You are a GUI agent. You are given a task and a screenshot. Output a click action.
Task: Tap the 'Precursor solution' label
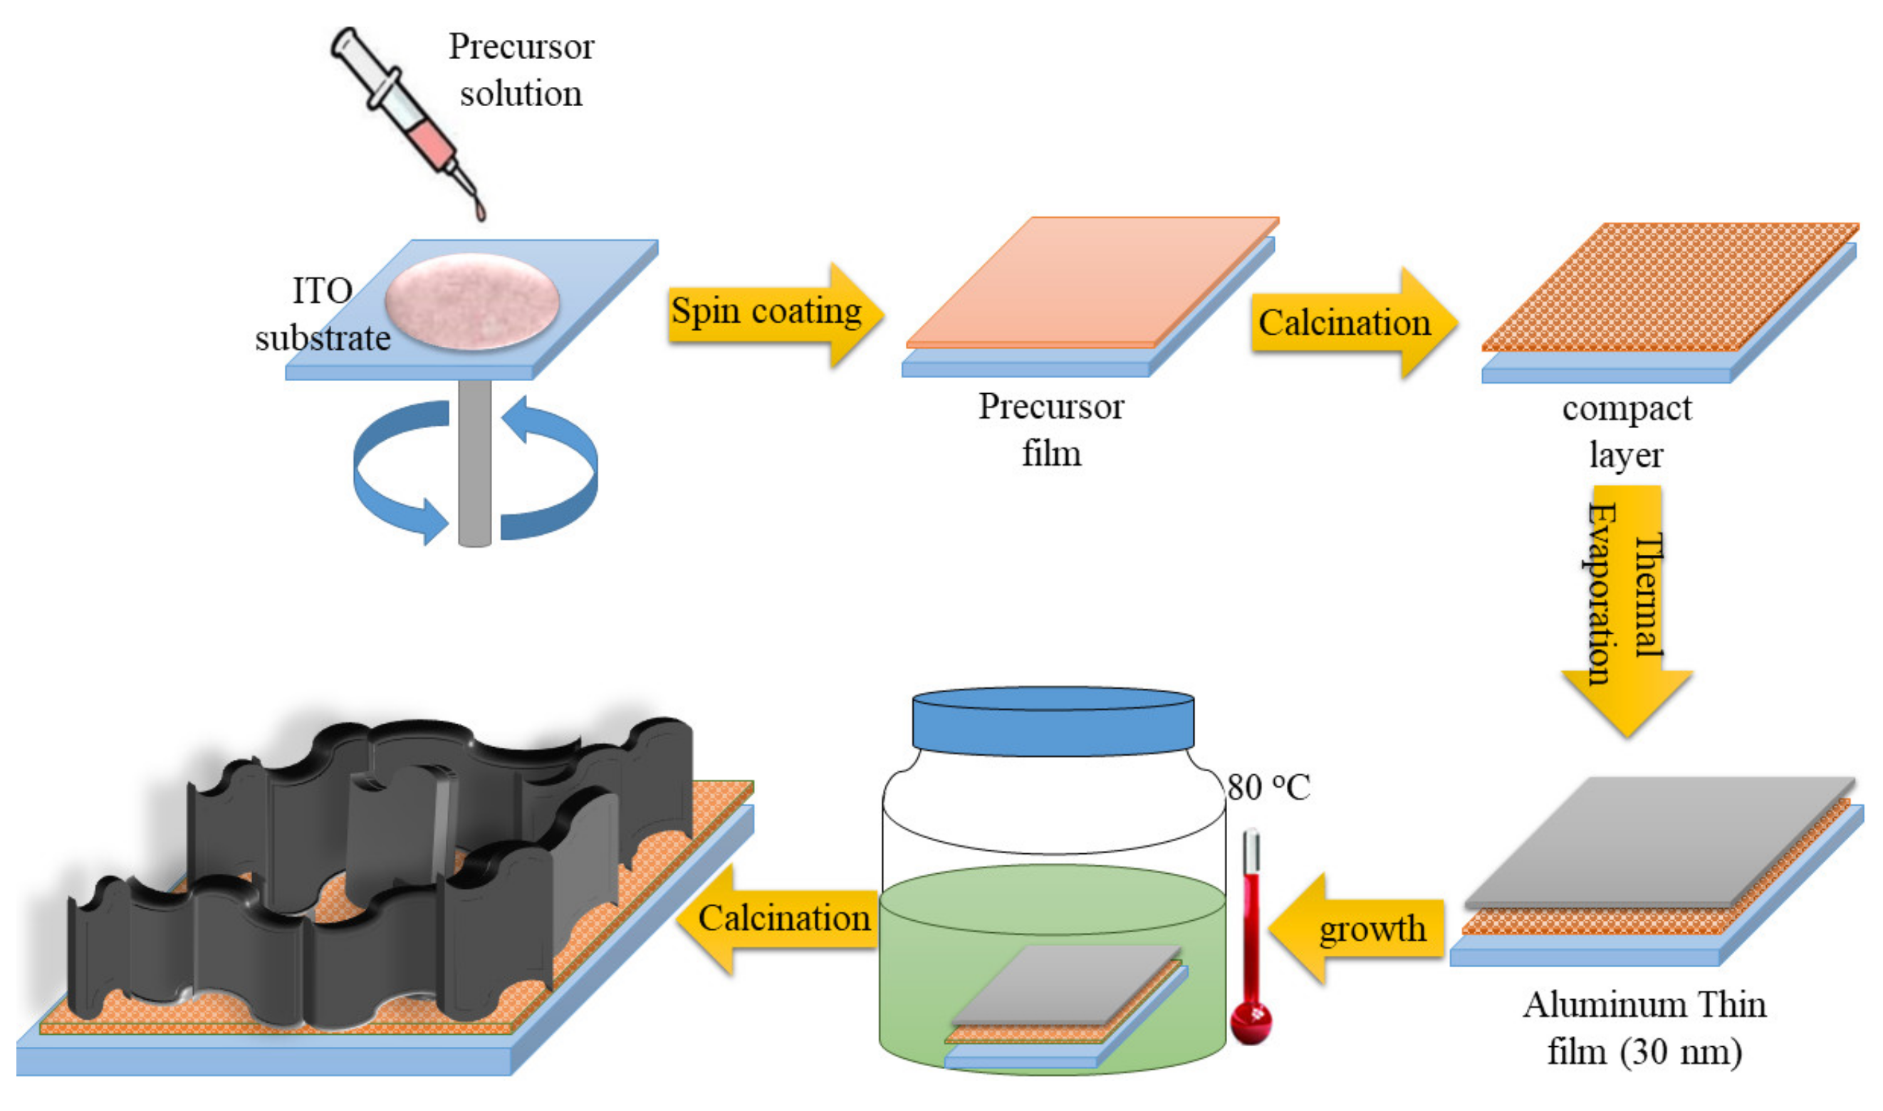[521, 71]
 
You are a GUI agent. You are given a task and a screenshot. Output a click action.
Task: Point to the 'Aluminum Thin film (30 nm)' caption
[1644, 1028]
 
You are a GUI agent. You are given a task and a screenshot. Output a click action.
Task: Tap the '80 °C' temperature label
[1268, 787]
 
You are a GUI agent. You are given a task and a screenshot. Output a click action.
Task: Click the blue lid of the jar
[1053, 722]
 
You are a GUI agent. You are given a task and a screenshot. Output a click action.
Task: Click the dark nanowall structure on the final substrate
[374, 861]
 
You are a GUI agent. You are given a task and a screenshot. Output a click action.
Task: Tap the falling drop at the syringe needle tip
[481, 212]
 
